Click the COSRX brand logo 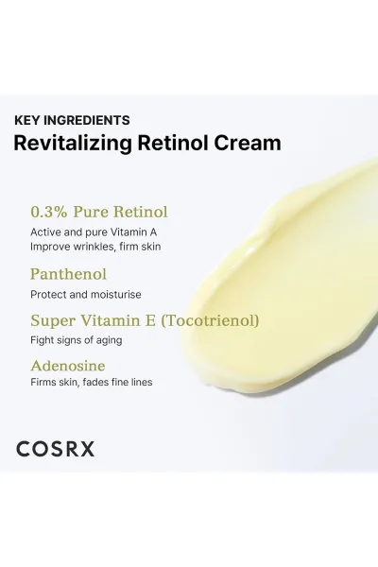click(56, 449)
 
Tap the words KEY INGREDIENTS click(72, 120)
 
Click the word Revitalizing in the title click(73, 144)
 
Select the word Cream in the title click(248, 143)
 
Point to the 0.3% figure click(49, 212)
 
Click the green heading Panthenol click(68, 274)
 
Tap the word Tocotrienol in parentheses click(210, 320)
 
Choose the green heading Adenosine click(68, 366)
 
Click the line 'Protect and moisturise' click(86, 295)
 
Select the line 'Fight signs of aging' click(77, 340)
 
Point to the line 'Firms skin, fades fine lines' click(92, 382)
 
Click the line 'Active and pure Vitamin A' click(94, 232)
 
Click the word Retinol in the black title click(173, 143)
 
